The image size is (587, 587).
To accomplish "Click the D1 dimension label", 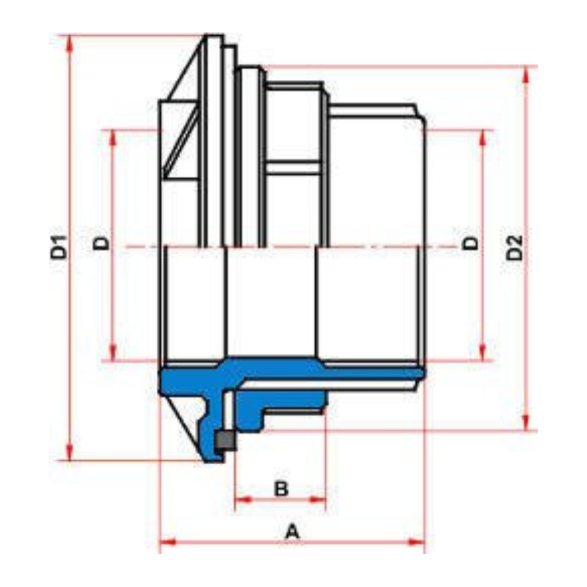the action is point(59,247).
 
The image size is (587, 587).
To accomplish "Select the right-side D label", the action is point(471,244).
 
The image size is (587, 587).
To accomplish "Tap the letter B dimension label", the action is point(281,488).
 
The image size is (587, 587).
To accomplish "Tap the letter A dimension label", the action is point(292,531).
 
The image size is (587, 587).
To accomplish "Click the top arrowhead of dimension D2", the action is point(526,76).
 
